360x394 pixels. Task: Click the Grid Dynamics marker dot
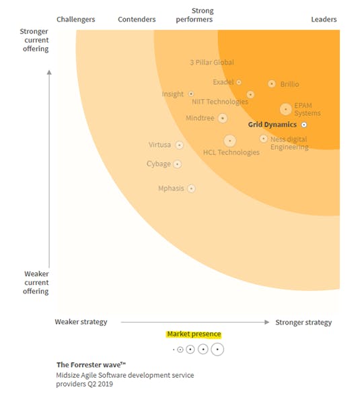(303, 125)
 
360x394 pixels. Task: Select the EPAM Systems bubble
(286, 109)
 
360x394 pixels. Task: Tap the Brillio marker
(272, 84)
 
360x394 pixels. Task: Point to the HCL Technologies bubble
(229, 141)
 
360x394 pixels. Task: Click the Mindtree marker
(223, 118)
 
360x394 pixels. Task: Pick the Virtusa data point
(179, 145)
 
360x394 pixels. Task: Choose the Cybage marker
(178, 164)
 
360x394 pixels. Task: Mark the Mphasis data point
(191, 188)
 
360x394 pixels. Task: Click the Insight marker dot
(191, 94)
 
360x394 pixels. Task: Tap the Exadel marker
(239, 82)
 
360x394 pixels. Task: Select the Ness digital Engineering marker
(263, 139)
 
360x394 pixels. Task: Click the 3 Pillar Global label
(212, 63)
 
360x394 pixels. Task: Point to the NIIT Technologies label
(220, 102)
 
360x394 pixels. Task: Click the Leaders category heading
(324, 20)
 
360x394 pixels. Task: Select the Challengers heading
(76, 20)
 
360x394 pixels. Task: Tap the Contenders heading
(137, 20)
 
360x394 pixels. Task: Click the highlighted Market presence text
(194, 334)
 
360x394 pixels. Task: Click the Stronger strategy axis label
(303, 322)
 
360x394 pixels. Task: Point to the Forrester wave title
(91, 364)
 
